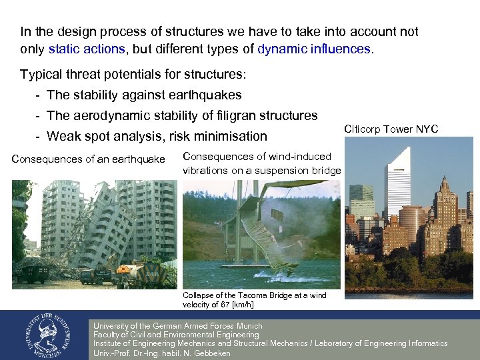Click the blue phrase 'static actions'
coord(87,49)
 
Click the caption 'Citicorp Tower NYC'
coord(391,129)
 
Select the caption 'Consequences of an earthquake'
coord(88,159)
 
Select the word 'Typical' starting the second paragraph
coord(40,74)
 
